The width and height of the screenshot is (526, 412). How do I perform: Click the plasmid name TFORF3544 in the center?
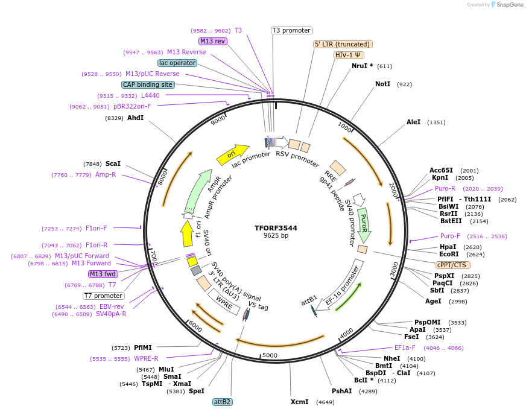click(276, 228)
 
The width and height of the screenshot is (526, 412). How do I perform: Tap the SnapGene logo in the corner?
click(507, 5)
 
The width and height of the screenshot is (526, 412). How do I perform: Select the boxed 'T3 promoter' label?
click(291, 30)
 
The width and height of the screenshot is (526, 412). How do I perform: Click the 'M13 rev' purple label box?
click(212, 41)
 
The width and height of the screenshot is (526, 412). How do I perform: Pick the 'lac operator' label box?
click(177, 63)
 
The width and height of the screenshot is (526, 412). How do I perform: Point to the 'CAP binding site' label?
click(148, 84)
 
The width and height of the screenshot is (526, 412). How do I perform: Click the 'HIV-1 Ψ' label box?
click(347, 55)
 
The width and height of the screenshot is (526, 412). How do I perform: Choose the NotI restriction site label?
click(382, 84)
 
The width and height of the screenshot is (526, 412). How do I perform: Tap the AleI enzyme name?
click(413, 122)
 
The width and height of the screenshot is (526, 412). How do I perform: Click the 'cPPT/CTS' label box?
click(452, 265)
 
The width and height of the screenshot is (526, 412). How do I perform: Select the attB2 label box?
click(223, 401)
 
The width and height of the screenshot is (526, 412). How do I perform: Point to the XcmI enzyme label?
click(299, 402)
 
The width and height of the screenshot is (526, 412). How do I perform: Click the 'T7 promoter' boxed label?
click(104, 296)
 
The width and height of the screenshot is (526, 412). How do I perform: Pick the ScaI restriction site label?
click(113, 163)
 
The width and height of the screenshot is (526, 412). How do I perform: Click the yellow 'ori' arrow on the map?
click(232, 154)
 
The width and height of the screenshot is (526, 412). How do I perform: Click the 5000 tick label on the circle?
click(270, 355)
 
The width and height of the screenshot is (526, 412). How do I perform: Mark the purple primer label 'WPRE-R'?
click(146, 358)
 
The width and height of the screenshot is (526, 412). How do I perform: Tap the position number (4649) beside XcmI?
click(325, 402)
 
